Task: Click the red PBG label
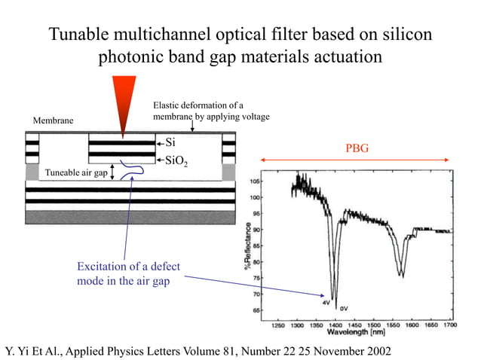click(357, 148)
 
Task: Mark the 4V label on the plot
click(326, 302)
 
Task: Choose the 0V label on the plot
click(343, 308)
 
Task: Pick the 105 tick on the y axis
click(257, 182)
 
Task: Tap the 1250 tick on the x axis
click(277, 325)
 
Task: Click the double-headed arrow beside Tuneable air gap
click(114, 173)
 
